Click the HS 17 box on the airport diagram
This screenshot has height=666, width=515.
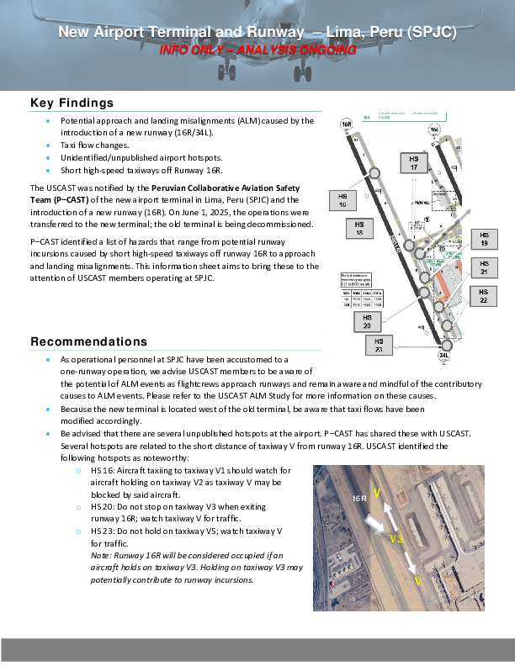pos(413,163)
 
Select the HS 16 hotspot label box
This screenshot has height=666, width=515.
pos(342,199)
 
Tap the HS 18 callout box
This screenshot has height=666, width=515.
pos(359,229)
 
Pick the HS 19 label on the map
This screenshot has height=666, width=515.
pos(484,239)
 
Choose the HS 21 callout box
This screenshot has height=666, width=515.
pos(484,267)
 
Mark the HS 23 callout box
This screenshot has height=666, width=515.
pos(379,345)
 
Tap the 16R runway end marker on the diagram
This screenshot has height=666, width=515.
pos(346,124)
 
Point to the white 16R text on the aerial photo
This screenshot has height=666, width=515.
pos(359,499)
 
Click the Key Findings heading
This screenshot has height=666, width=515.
pos(72,103)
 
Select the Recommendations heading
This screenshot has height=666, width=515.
pos(88,341)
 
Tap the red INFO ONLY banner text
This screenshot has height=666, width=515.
pos(257,50)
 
